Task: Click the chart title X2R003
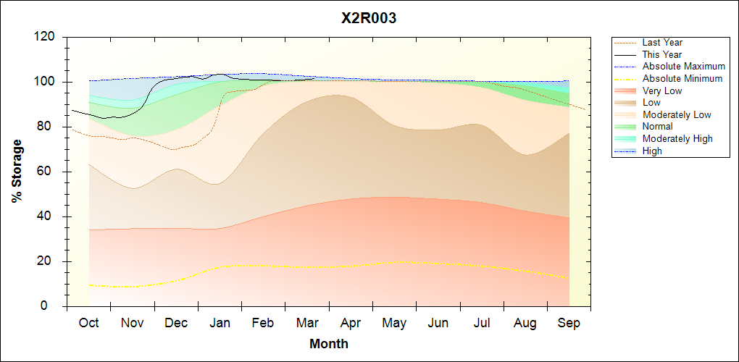click(369, 19)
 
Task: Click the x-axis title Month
click(328, 344)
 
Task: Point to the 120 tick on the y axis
click(44, 37)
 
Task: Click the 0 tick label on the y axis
click(51, 306)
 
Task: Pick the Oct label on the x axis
click(88, 323)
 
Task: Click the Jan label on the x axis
click(220, 323)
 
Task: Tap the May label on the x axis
click(394, 323)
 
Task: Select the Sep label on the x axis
click(569, 323)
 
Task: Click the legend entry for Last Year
click(661, 43)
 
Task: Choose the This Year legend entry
click(661, 55)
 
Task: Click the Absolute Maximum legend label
click(683, 67)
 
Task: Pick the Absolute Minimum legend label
click(682, 79)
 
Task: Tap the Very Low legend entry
click(661, 90)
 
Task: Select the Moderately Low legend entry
click(677, 114)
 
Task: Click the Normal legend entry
click(657, 127)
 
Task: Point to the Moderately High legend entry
click(677, 138)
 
